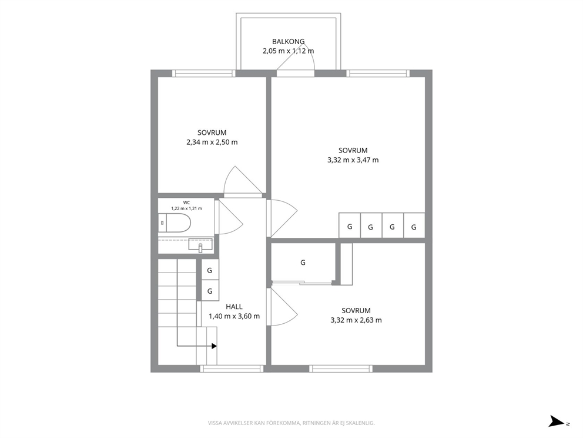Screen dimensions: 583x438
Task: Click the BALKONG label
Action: point(288,42)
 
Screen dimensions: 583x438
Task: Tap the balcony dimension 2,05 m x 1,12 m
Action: point(288,51)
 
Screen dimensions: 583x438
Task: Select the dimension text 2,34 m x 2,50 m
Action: point(212,142)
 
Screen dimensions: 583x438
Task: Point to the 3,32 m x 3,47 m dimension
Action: point(353,160)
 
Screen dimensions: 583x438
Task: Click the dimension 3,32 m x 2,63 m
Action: point(356,320)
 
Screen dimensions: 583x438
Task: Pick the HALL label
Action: point(234,307)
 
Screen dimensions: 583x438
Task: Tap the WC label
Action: point(186,203)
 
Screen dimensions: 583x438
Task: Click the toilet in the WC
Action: point(175,223)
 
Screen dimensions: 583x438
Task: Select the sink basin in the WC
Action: point(200,245)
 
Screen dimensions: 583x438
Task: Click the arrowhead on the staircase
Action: point(214,346)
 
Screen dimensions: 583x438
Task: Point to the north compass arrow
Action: point(557,421)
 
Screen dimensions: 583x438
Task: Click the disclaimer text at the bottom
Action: point(291,423)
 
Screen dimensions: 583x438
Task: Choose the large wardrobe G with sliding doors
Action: point(303,263)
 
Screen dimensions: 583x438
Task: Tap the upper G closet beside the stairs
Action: point(210,270)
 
